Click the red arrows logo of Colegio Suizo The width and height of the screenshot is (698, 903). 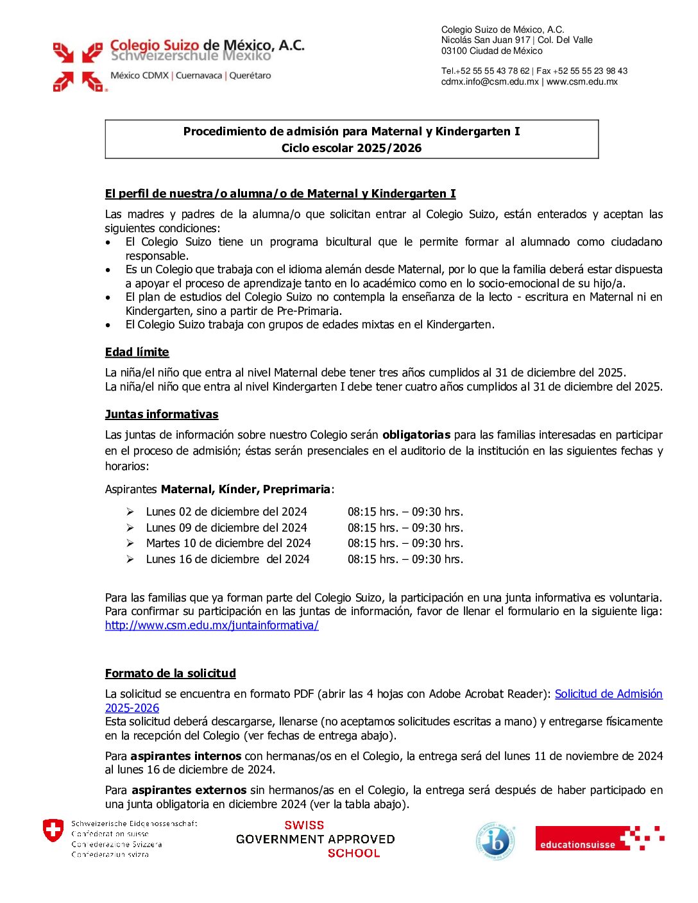pyautogui.click(x=78, y=67)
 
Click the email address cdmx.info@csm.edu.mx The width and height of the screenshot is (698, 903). pyautogui.click(x=490, y=81)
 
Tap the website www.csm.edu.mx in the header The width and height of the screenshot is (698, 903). pyautogui.click(x=582, y=81)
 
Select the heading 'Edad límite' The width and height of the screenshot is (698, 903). pyautogui.click(x=137, y=352)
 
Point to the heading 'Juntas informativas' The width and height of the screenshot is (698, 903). pyautogui.click(x=162, y=414)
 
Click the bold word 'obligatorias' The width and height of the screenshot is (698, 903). pyautogui.click(x=416, y=435)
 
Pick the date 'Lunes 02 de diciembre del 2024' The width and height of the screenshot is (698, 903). pyautogui.click(x=226, y=512)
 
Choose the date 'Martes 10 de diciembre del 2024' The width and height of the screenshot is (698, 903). pyautogui.click(x=228, y=543)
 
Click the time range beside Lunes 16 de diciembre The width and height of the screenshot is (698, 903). pyautogui.click(x=405, y=559)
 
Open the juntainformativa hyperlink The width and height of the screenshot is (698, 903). pyautogui.click(x=212, y=625)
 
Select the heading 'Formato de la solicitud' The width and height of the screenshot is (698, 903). pyautogui.click(x=171, y=673)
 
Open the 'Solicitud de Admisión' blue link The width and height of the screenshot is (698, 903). pyautogui.click(x=608, y=694)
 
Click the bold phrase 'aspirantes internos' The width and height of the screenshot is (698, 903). pyautogui.click(x=186, y=756)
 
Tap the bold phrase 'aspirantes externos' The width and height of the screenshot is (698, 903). pyautogui.click(x=189, y=790)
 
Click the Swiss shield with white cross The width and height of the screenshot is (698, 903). pyautogui.click(x=53, y=831)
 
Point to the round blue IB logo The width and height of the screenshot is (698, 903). pyautogui.click(x=496, y=841)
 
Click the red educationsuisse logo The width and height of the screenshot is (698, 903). pyautogui.click(x=599, y=838)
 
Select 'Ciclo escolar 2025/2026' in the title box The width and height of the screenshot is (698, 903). pyautogui.click(x=352, y=148)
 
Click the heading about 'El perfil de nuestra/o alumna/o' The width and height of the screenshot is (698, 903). pyautogui.click(x=280, y=194)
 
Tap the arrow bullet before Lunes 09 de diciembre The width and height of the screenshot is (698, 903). pyautogui.click(x=130, y=528)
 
